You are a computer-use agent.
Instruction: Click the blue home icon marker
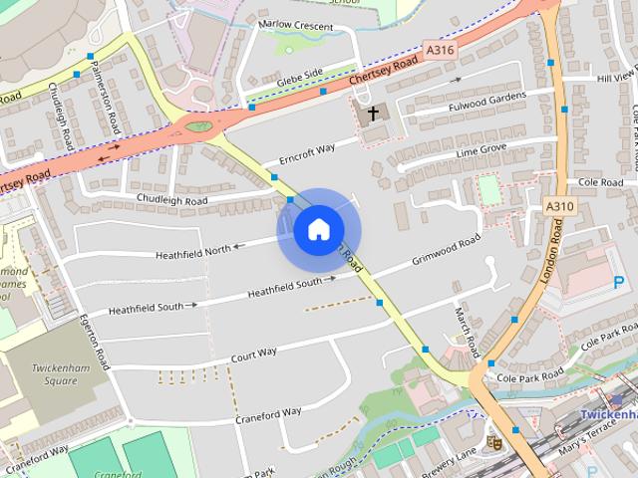coord(318,230)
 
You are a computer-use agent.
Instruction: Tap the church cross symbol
coord(374,113)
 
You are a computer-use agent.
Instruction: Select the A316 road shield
coord(440,48)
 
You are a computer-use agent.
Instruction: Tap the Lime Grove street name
coord(480,149)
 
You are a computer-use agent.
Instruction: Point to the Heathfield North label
coord(192,251)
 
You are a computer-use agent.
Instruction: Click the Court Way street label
coord(253,355)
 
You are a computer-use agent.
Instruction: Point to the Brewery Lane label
coord(450,457)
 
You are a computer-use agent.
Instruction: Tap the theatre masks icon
coord(492,440)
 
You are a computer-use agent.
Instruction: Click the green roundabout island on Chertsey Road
coord(198,126)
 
